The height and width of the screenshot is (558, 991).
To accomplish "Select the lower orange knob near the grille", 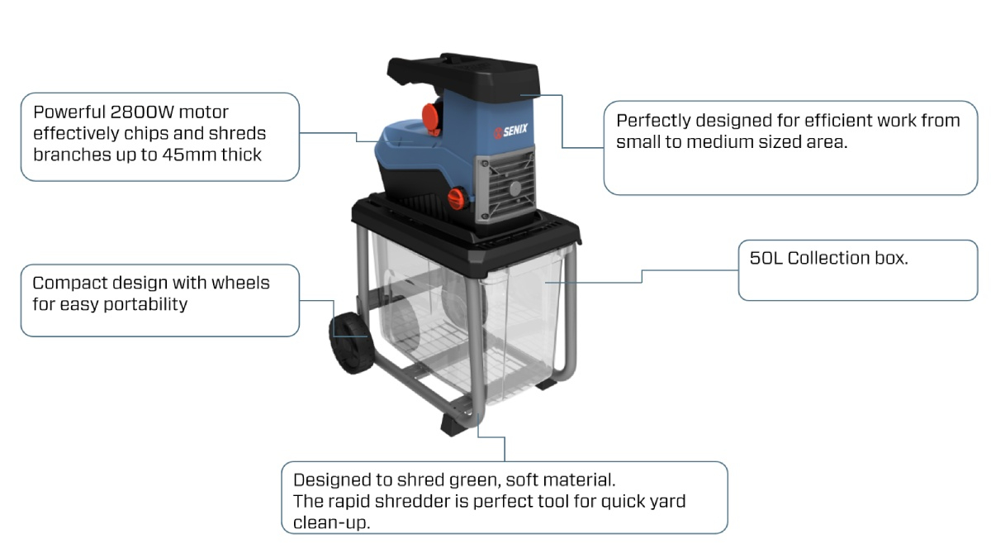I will [455, 197].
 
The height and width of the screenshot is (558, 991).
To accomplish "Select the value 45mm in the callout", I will [185, 155].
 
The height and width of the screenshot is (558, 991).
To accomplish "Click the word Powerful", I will [69, 112].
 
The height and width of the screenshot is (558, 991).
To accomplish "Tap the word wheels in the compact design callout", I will [240, 283].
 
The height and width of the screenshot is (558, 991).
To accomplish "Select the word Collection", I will [827, 258].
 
